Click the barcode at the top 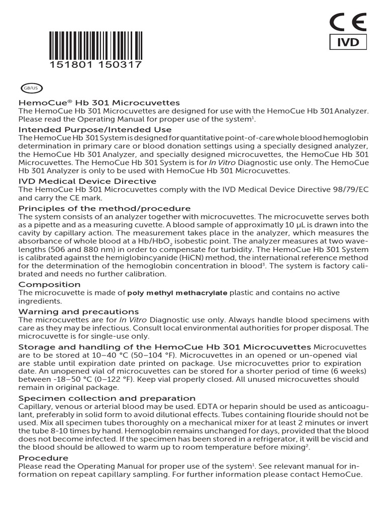click(x=96, y=45)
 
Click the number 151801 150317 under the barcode click(x=96, y=65)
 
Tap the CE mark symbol click(x=347, y=23)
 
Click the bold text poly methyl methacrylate click(x=177, y=293)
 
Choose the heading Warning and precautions click(x=78, y=312)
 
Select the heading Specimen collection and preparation click(x=107, y=398)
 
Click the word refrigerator click(x=273, y=439)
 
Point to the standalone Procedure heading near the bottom click(x=43, y=458)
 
